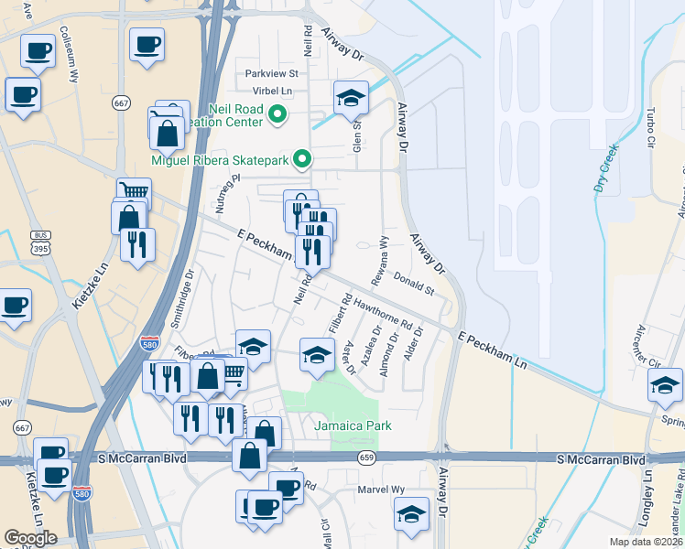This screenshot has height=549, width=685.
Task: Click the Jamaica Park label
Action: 353,425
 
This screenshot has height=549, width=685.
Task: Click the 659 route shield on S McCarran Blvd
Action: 366,457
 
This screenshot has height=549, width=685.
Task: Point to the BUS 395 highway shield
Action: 38,242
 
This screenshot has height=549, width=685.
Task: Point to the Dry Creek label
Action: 604,170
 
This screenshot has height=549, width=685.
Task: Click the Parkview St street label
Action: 271,73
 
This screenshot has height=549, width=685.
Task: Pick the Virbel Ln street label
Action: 274,91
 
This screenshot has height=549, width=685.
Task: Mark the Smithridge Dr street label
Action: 190,291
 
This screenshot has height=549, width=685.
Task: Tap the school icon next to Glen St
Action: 351,96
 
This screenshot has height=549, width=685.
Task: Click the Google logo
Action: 30,538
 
